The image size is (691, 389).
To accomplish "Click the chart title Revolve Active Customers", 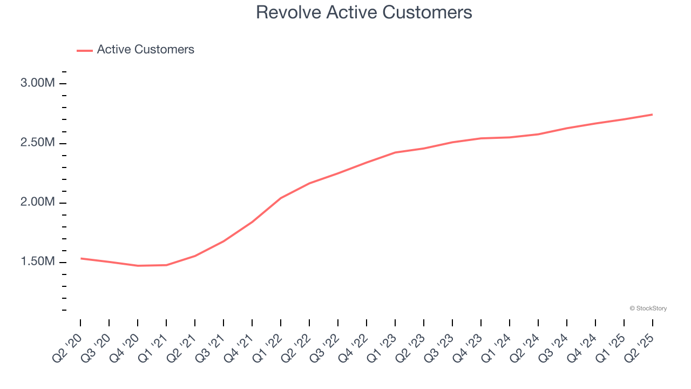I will (364, 12).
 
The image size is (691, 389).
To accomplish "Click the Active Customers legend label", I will (145, 50).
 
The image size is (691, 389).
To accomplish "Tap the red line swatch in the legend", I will (85, 50).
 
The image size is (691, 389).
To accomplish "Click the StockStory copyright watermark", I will (648, 308).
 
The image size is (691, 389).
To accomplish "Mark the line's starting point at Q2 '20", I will (80, 258).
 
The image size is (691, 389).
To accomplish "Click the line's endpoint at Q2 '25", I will (652, 115).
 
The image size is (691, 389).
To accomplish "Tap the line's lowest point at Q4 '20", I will (138, 266).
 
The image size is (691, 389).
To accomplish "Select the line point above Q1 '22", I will (281, 198).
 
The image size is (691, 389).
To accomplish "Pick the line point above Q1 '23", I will (395, 152).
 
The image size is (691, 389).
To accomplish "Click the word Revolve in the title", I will (289, 12).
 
